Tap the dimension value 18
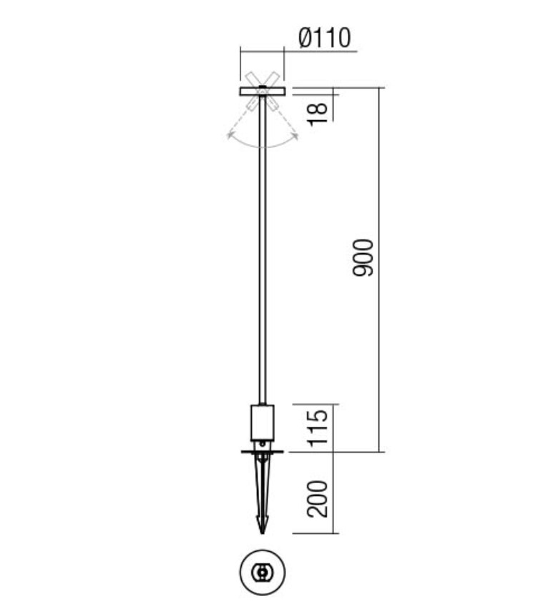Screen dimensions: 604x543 (319, 109)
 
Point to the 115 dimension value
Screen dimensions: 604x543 (319, 427)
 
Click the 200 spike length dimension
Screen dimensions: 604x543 (319, 498)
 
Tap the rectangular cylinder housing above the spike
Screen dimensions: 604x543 (263, 422)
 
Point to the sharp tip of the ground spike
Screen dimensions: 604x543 (263, 532)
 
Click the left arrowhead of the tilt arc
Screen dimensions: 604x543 (230, 134)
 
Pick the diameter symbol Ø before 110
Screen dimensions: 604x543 (303, 37)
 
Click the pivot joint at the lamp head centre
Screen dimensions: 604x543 (263, 90)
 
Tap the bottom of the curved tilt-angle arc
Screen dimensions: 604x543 (263, 147)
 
